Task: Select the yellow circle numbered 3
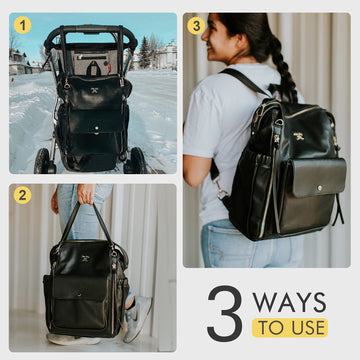pyautogui.click(x=195, y=24)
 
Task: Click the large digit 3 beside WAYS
pyautogui.click(x=224, y=314)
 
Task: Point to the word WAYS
pyautogui.click(x=291, y=301)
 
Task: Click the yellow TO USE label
pyautogui.click(x=291, y=328)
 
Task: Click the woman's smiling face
pyautogui.click(x=215, y=45)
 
